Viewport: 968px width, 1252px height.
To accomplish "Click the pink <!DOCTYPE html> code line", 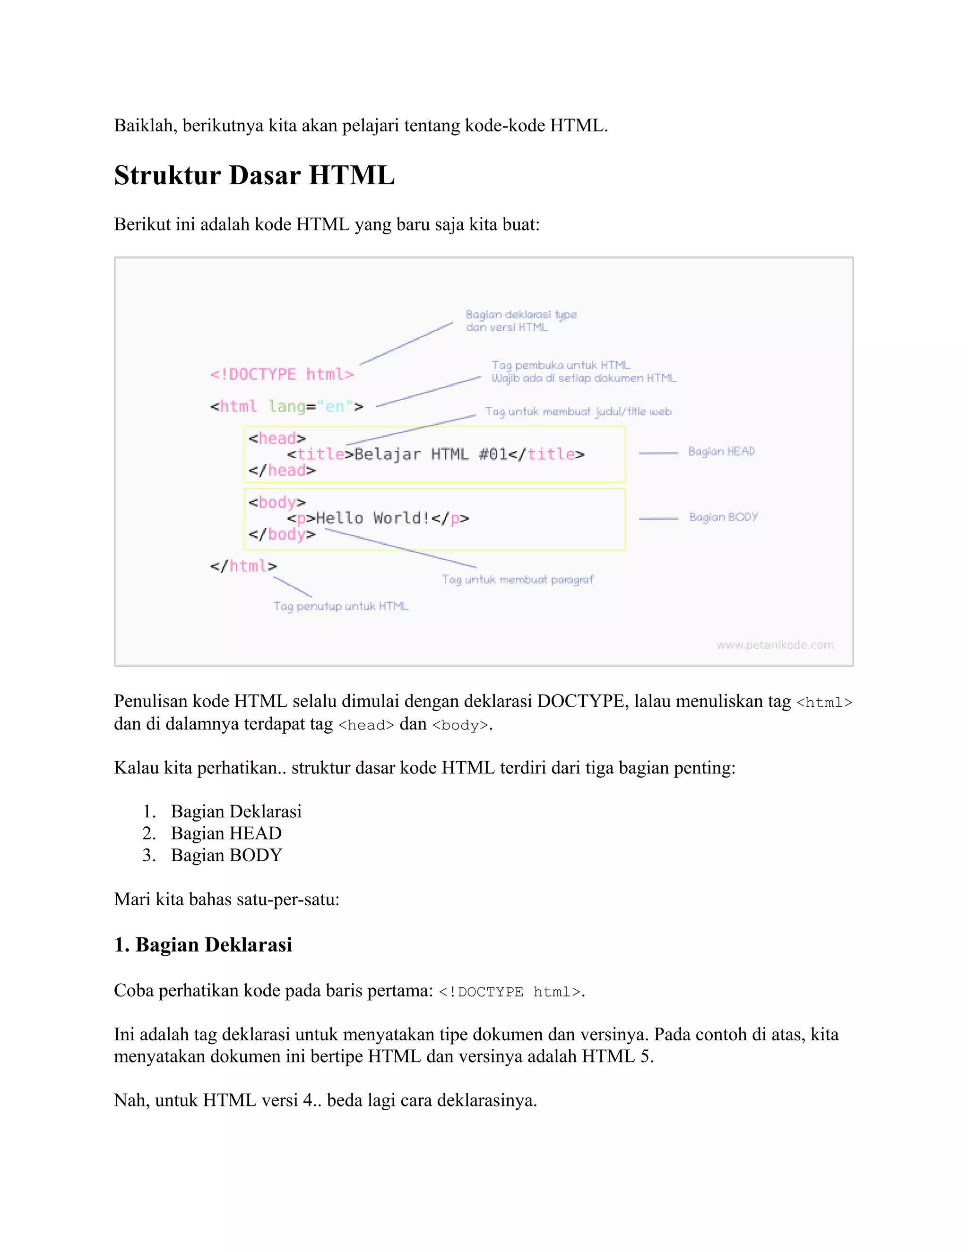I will point(282,374).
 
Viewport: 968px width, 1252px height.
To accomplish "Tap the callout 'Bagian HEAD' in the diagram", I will point(721,452).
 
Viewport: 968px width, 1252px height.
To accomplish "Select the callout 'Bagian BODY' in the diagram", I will point(723,517).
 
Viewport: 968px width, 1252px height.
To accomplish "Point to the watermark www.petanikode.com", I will point(775,645).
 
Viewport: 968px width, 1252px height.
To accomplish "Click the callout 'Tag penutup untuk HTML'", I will point(341,606).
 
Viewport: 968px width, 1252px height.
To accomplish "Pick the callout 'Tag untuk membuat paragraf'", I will point(517,580).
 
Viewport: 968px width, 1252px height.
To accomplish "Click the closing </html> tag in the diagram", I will point(243,566).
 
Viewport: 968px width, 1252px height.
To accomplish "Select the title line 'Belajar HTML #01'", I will point(435,454).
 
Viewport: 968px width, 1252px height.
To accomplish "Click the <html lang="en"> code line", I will point(286,406).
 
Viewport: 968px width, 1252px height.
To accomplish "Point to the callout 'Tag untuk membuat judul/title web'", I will point(578,412).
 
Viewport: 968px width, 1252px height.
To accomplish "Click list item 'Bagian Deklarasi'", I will point(236,811).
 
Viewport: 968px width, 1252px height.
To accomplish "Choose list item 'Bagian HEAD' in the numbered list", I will point(226,833).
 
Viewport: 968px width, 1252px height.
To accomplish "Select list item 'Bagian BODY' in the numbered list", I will point(226,855).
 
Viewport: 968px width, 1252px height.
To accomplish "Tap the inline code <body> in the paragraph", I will point(460,725).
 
